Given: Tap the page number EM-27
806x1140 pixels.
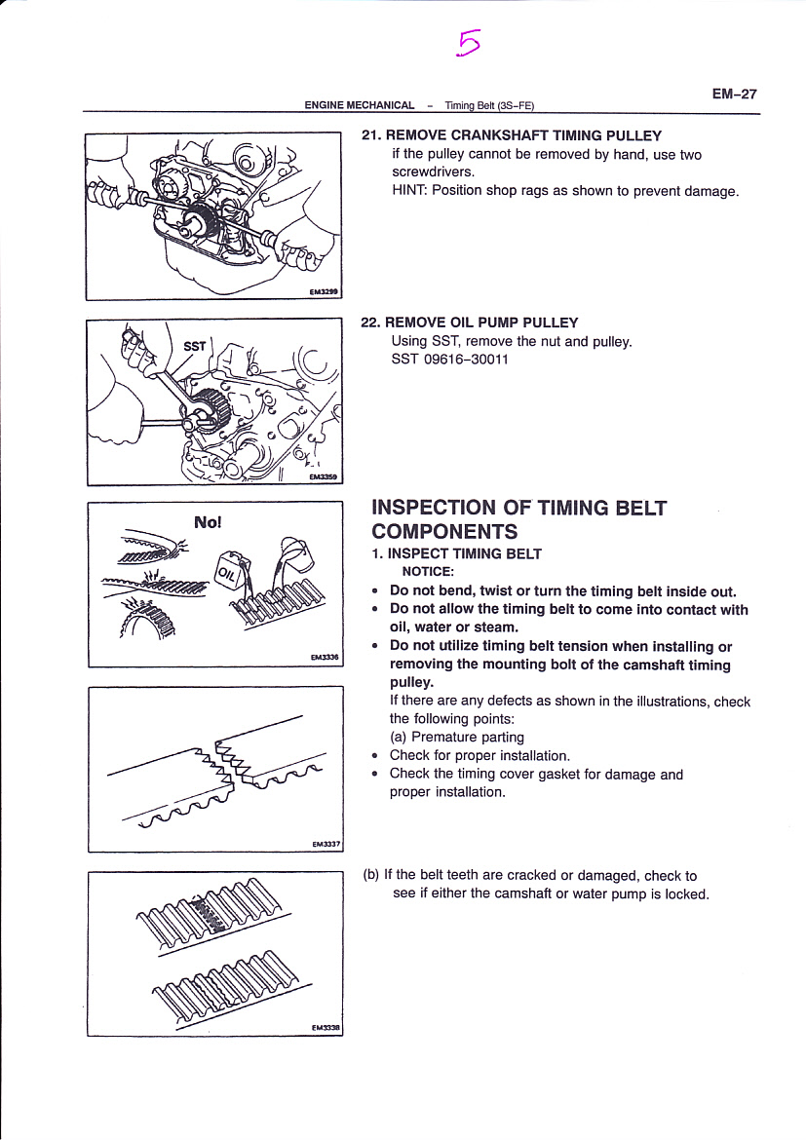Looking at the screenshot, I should tap(734, 95).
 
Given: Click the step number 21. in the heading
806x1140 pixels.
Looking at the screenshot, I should tap(371, 136).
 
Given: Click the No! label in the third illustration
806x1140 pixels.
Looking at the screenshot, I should tap(209, 522).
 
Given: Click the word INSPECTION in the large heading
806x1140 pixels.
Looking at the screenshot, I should tap(434, 508).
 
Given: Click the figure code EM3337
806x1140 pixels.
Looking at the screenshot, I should tap(326, 845).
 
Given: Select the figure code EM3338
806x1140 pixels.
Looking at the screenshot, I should tap(326, 1027).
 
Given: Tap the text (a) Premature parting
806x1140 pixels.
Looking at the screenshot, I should tap(456, 738).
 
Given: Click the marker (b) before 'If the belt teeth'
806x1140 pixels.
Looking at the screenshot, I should tap(370, 876).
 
